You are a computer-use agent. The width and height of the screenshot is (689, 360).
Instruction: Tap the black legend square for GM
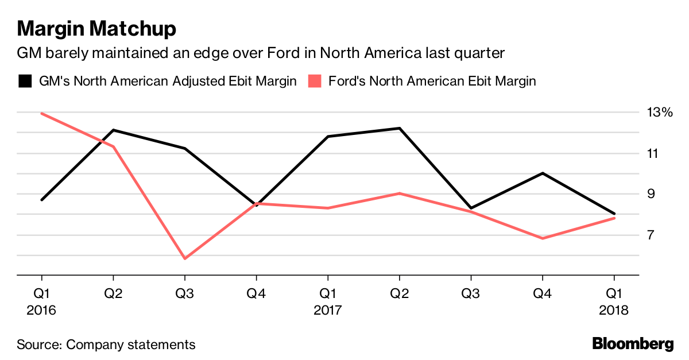point(25,81)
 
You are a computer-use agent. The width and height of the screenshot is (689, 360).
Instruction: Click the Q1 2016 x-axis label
point(41,302)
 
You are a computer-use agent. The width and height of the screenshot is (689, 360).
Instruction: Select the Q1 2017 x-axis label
point(328,302)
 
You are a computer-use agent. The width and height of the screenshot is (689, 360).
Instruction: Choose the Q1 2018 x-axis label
point(614,302)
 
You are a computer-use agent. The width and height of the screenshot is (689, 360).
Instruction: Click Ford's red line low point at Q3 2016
point(185,258)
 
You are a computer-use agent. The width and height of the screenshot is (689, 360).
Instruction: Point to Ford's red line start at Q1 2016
point(42,113)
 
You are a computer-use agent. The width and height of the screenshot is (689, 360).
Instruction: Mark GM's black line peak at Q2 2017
point(400,128)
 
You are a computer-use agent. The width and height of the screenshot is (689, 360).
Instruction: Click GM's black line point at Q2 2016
point(113,130)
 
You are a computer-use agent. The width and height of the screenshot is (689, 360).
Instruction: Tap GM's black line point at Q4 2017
point(543,173)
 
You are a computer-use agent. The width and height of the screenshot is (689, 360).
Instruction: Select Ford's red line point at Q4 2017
point(543,238)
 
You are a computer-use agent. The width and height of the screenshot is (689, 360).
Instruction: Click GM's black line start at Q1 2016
point(42,200)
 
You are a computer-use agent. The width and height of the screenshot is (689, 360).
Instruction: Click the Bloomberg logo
point(633,344)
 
